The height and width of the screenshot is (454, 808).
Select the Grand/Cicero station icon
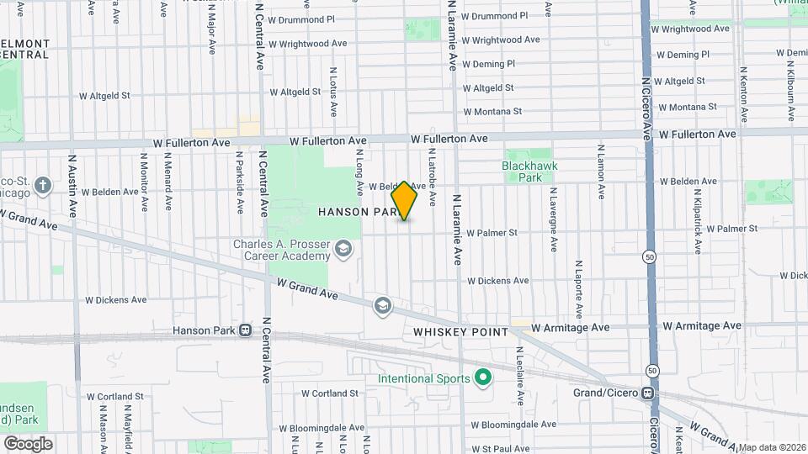pos(647,393)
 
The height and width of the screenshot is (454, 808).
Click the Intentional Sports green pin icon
pos(483,378)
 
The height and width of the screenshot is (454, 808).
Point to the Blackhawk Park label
pos(529,172)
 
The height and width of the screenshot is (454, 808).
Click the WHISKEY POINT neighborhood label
pos(460,332)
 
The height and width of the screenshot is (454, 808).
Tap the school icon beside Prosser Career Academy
pos(343,249)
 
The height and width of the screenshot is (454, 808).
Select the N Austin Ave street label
pos(73,185)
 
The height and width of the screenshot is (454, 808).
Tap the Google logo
pos(28,444)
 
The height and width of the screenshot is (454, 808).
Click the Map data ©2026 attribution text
pos(772,447)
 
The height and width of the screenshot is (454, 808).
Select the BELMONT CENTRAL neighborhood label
pos(25,49)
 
